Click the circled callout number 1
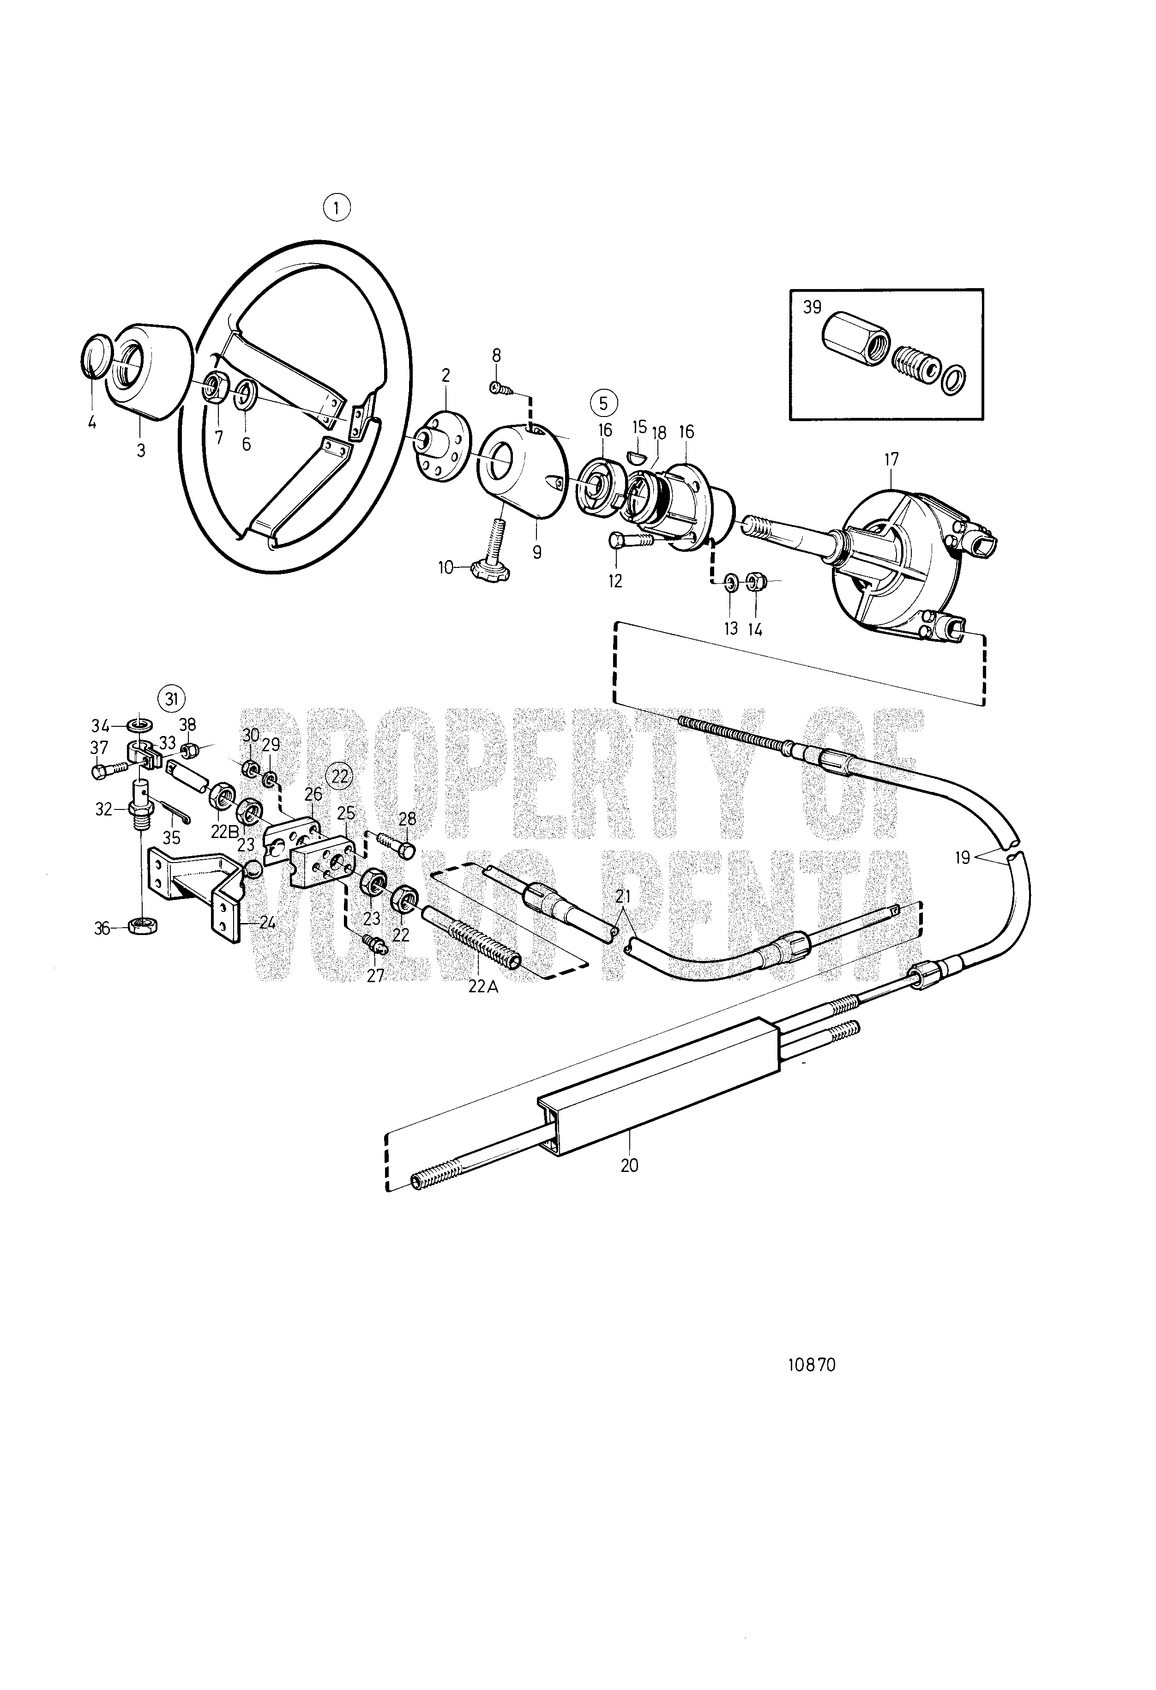(x=336, y=208)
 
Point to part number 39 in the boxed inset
(x=812, y=307)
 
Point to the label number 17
(x=891, y=459)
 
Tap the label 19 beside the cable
(x=963, y=857)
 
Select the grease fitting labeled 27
(x=378, y=945)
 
